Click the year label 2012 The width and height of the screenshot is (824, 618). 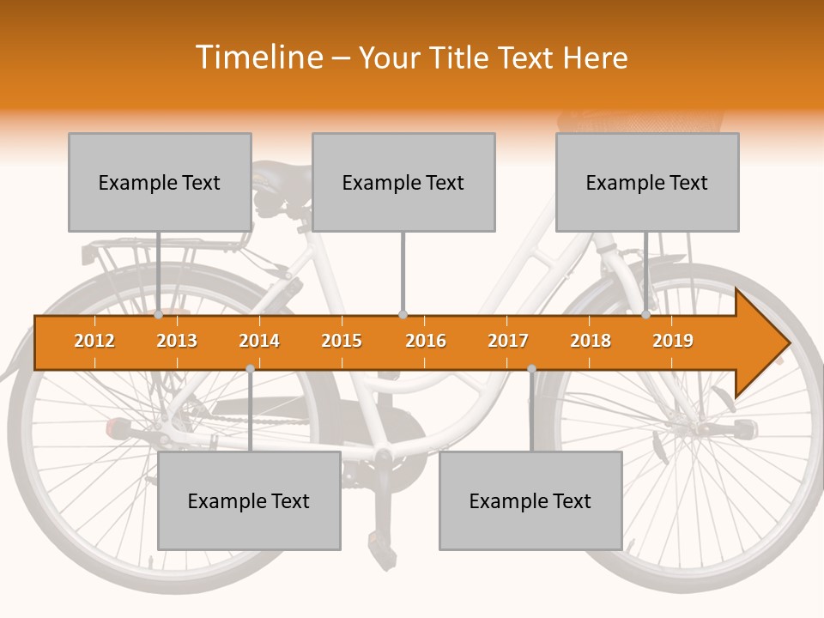(94, 341)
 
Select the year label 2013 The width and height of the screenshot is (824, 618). (177, 341)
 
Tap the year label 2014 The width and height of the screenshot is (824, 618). (259, 341)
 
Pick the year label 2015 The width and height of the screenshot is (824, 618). (342, 341)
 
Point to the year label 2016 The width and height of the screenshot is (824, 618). (426, 341)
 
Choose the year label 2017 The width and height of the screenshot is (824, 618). (508, 341)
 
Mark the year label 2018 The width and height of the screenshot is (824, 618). (591, 341)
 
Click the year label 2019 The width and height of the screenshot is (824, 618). (673, 341)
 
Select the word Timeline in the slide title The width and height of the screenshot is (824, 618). (257, 58)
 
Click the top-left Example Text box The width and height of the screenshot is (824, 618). (160, 182)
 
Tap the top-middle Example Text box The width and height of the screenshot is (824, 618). (403, 182)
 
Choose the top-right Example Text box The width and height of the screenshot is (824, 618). (647, 182)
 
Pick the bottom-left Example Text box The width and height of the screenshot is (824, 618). (249, 500)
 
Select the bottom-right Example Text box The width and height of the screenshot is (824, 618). (530, 500)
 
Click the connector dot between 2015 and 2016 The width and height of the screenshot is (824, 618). (403, 315)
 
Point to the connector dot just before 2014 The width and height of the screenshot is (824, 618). (250, 368)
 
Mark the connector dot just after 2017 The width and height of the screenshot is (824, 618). (531, 368)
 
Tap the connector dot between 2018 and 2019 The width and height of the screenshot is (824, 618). (646, 315)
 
